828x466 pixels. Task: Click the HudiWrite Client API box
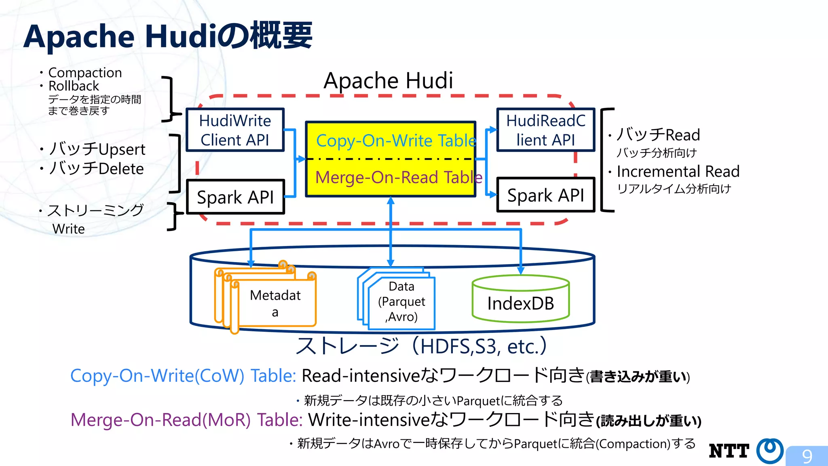235,130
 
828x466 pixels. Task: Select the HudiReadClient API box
545,130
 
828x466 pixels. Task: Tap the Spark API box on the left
235,197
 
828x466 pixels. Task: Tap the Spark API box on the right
545,195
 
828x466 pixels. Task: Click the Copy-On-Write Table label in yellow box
395,140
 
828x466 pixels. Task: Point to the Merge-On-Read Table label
398,177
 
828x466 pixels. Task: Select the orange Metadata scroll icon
267,299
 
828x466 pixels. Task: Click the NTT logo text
729,451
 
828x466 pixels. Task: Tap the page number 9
807,456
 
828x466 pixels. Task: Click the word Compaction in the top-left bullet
85,72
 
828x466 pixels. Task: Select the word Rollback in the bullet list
74,86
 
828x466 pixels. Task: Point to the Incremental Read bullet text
678,171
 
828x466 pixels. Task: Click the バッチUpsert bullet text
97,149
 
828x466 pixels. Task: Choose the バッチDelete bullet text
96,168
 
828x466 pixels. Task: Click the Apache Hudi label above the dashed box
388,80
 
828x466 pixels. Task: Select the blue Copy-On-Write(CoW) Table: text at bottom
183,375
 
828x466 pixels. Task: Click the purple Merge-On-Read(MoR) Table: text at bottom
186,419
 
